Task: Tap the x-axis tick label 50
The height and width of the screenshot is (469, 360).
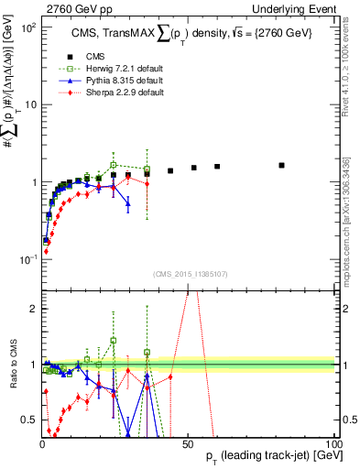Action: [189, 444]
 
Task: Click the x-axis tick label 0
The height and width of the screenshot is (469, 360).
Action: [42, 444]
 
